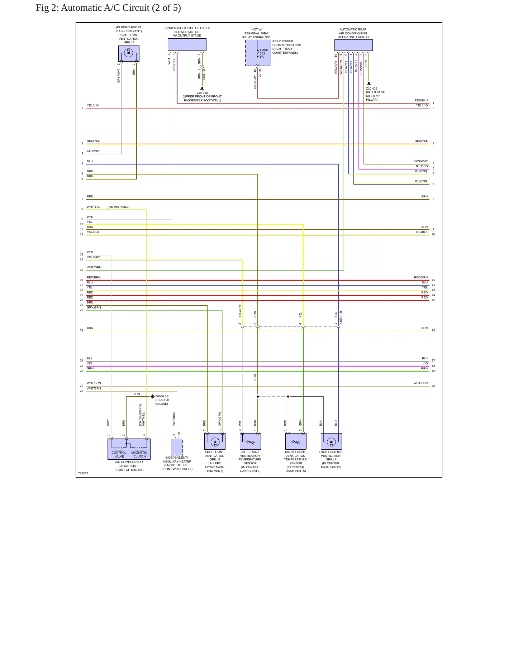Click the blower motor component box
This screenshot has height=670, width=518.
(187, 44)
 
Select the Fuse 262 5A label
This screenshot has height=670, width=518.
(264, 53)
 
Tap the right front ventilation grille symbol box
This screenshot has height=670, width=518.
(129, 53)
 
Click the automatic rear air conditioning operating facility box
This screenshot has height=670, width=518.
(353, 45)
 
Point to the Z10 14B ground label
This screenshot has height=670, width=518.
(203, 93)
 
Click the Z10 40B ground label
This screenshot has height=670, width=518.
(372, 88)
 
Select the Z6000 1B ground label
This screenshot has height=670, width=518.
(162, 396)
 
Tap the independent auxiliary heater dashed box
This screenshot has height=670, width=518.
(177, 447)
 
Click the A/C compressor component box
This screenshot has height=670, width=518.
(129, 449)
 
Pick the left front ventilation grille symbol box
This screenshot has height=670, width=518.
(215, 441)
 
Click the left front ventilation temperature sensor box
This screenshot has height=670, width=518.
(250, 441)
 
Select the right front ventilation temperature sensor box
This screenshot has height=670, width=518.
(296, 441)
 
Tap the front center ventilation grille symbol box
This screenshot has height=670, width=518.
(331, 441)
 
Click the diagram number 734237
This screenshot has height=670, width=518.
(83, 473)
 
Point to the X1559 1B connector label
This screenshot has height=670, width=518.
(341, 318)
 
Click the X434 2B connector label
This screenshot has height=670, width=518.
(204, 75)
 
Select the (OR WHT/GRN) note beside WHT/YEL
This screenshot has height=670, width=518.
(119, 207)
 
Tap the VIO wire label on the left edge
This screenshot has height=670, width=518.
(90, 363)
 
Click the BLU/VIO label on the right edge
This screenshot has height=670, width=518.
(422, 166)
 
